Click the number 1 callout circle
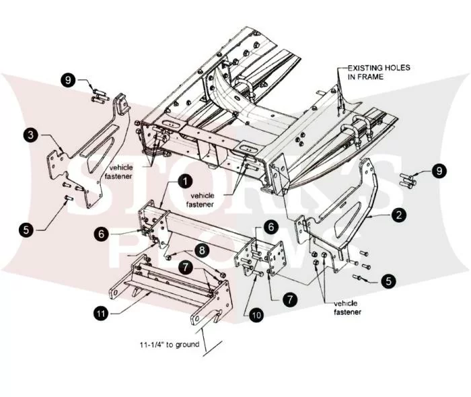185,182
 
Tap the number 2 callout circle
399,215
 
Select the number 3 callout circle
31,135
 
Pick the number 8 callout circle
202,250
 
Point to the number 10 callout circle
256,315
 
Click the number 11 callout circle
101,314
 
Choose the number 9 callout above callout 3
69,80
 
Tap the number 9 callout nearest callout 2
439,171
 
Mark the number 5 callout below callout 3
26,230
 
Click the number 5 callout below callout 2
389,281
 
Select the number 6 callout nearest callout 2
271,227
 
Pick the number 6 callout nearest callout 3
101,233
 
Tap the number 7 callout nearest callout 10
289,299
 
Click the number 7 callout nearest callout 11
185,267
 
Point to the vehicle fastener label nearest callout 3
118,172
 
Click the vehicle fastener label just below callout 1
201,200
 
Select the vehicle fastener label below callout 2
347,308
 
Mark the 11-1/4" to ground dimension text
170,345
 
